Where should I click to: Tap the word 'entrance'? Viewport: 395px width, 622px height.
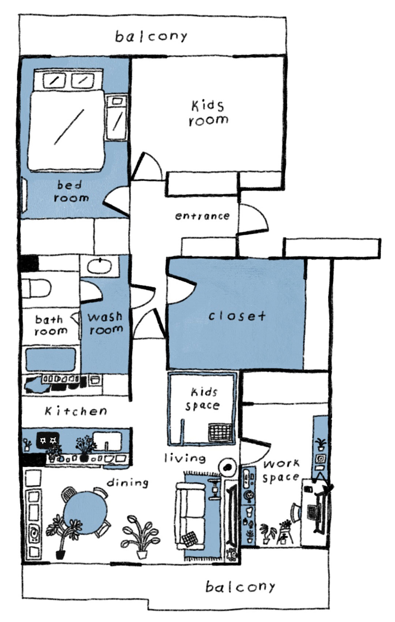202,216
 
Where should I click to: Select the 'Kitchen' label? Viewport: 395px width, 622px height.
76,411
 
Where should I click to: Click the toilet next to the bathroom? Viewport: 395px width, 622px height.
36,289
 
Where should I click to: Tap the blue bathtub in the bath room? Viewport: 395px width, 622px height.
50,359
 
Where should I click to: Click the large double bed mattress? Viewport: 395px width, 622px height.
66,130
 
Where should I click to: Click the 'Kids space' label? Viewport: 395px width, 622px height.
202,399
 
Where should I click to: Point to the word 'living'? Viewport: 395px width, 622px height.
185,458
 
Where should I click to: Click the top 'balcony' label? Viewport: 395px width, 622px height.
151,37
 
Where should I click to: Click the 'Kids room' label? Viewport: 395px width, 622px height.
208,113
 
